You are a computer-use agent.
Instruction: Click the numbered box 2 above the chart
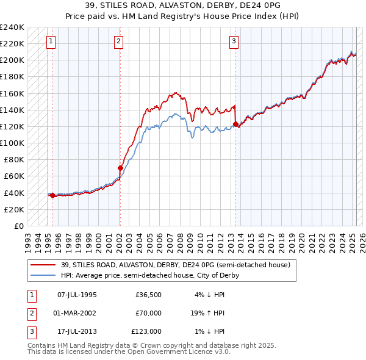pyautogui.click(x=118, y=41)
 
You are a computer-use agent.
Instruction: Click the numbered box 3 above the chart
pyautogui.click(x=234, y=41)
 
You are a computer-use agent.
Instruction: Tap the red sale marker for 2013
pyautogui.click(x=235, y=124)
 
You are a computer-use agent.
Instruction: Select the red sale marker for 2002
pyautogui.click(x=120, y=168)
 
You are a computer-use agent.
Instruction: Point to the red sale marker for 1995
pyautogui.click(x=52, y=196)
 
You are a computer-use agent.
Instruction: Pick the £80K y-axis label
pyautogui.click(x=13, y=160)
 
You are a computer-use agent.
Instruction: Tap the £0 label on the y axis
pyautogui.click(x=18, y=226)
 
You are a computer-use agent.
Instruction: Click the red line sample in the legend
pyautogui.click(x=43, y=265)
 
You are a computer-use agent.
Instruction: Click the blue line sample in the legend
pyautogui.click(x=43, y=275)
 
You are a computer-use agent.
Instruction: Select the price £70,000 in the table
pyautogui.click(x=149, y=313)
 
